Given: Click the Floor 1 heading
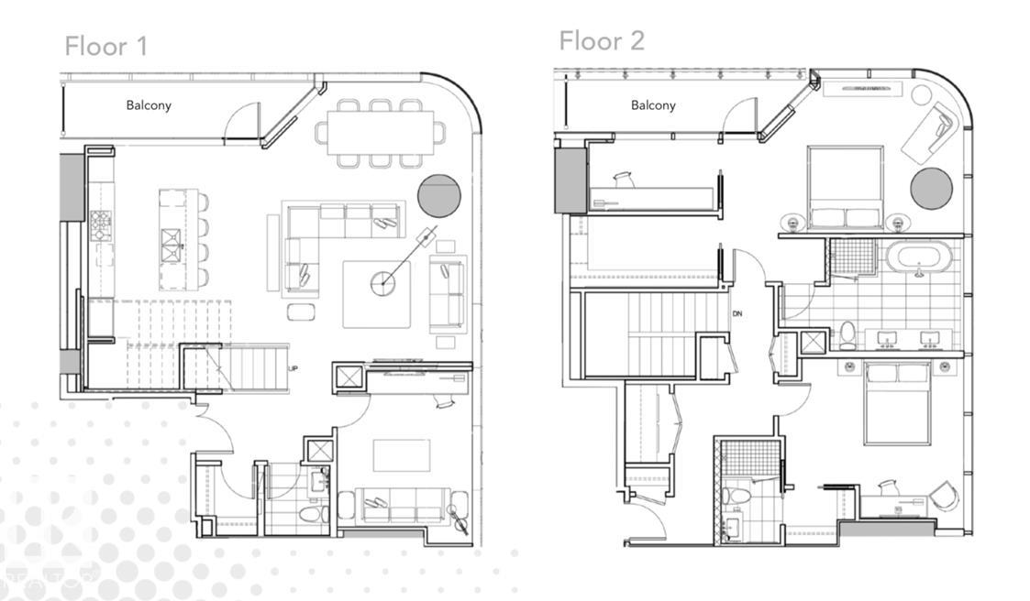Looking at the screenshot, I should (105, 46).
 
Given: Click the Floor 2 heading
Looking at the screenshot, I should (602, 40).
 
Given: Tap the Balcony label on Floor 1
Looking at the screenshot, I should (149, 105).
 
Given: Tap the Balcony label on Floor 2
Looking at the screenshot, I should (653, 105).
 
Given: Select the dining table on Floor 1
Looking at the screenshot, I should (382, 133).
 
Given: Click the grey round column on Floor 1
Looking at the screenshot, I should (439, 195).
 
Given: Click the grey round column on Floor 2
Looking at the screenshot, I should (931, 188).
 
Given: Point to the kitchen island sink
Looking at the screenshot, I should (172, 241).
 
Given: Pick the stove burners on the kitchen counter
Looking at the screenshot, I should (100, 222).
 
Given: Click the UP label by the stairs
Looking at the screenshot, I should (293, 368).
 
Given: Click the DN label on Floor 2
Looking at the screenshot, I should (737, 314).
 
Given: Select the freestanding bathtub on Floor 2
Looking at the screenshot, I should (918, 258).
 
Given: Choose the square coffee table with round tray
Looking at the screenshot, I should (377, 294).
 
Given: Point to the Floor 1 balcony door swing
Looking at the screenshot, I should (240, 120).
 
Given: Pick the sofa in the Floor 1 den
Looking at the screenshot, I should (402, 505).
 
